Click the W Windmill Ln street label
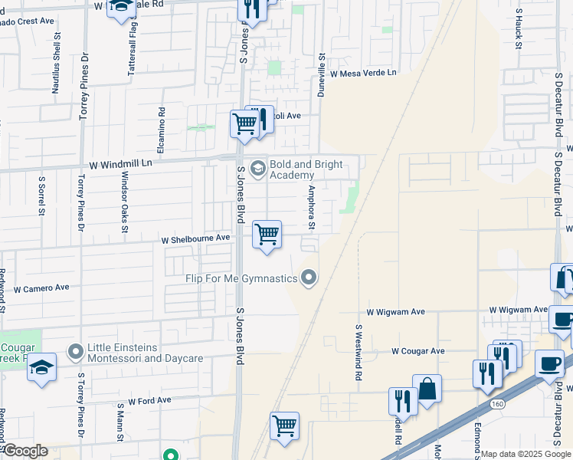click(x=121, y=164)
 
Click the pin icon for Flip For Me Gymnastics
click(x=309, y=277)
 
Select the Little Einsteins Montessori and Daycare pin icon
click(x=75, y=352)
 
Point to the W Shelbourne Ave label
click(x=195, y=238)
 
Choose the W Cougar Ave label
click(x=417, y=351)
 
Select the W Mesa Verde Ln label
click(x=364, y=74)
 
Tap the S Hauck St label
click(x=519, y=30)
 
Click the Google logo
click(x=25, y=451)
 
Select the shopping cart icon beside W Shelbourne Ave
click(x=267, y=235)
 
